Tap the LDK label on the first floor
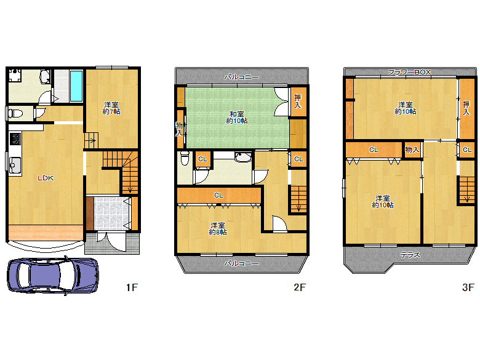[x=46, y=178]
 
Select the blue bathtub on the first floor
[x=76, y=86]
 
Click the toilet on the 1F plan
[x=16, y=113]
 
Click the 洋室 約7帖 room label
[x=111, y=108]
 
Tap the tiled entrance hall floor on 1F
[x=109, y=212]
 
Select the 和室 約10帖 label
[x=237, y=117]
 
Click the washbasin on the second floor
[x=243, y=157]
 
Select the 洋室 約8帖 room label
[x=218, y=228]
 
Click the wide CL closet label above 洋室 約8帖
[x=218, y=195]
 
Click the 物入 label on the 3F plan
[x=412, y=150]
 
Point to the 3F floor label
[x=468, y=287]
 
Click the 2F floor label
[x=299, y=287]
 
